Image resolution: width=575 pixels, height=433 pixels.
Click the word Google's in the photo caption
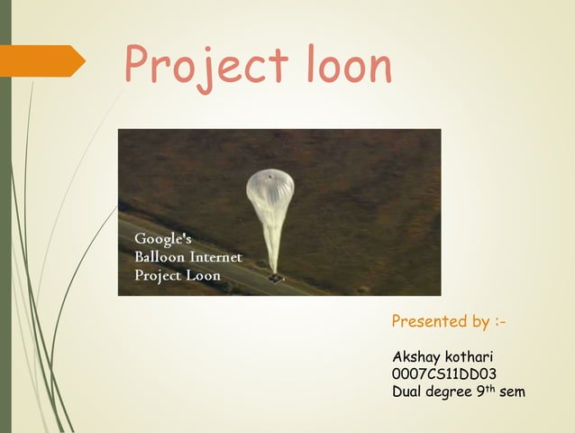tap(163, 239)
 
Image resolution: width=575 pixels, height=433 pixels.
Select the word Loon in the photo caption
tap(204, 275)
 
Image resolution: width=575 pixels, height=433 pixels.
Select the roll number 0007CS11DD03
tap(444, 374)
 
